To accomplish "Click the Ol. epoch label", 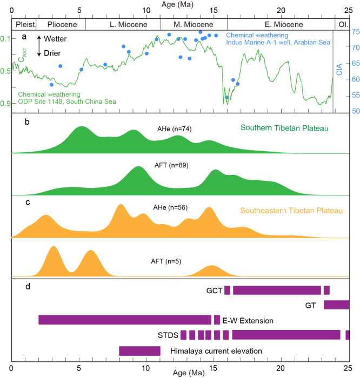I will pos(343,24).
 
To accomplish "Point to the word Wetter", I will pos(60,39).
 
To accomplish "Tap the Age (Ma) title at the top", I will pos(180,4).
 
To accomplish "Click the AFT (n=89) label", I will pos(174,165).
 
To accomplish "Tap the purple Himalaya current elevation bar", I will pos(139,351).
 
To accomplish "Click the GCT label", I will pos(214,290).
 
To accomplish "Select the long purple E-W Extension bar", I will pos(124,320).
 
